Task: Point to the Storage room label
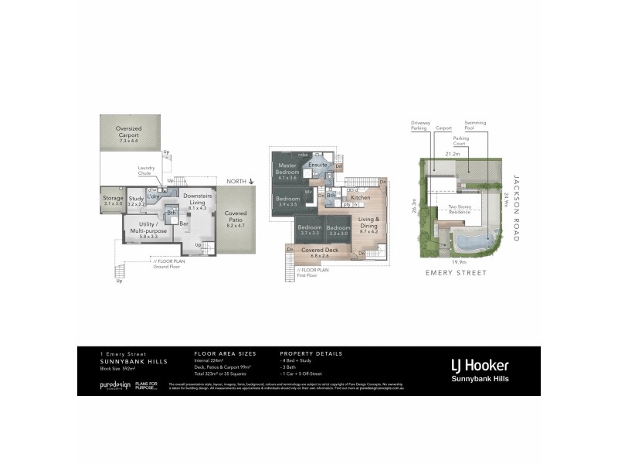coord(112,200)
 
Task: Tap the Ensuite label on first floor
coord(317,165)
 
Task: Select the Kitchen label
coord(361,198)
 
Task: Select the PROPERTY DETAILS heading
coord(311,353)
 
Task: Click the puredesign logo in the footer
coord(114,384)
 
